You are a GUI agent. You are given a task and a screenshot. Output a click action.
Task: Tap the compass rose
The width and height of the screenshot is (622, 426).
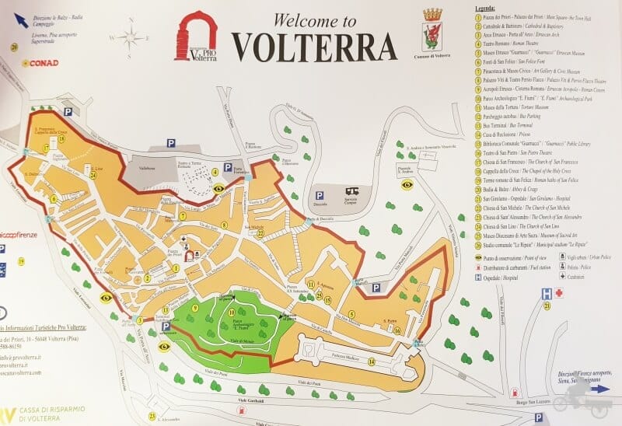pyautogui.click(x=132, y=37)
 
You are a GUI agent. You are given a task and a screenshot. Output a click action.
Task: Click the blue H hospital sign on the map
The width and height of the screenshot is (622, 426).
pyautogui.click(x=547, y=292)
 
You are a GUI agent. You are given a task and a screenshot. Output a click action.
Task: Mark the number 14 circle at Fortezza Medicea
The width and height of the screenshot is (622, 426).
pyautogui.click(x=372, y=361)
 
